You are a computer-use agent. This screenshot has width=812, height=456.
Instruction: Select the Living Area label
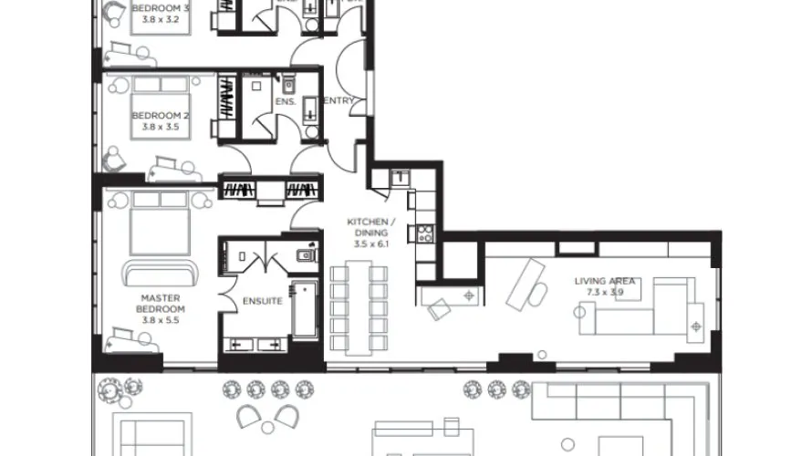(605, 281)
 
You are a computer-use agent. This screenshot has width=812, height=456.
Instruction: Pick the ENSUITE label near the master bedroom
(262, 302)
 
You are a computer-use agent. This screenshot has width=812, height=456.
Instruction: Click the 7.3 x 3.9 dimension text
(605, 292)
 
